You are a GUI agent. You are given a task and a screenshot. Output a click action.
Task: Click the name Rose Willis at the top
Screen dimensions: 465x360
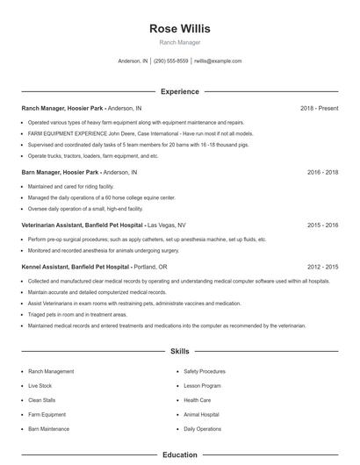click(x=180, y=28)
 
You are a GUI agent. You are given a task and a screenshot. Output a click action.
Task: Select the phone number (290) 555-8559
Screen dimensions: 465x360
click(x=171, y=61)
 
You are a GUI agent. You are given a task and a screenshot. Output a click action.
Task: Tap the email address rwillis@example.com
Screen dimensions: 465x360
click(x=218, y=61)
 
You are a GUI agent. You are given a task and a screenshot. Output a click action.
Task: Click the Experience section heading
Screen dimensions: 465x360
click(x=180, y=91)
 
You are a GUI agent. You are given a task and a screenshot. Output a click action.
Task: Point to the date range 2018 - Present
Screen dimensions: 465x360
click(x=319, y=108)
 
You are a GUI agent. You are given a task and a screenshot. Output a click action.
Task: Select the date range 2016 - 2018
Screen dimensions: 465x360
click(x=322, y=173)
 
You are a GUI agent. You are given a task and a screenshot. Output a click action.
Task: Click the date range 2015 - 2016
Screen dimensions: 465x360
click(x=322, y=225)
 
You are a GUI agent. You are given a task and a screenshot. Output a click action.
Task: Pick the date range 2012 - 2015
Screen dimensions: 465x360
click(x=322, y=266)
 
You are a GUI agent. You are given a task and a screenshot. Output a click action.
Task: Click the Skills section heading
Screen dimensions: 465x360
click(x=180, y=351)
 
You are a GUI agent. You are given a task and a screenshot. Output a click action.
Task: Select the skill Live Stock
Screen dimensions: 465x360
click(x=40, y=385)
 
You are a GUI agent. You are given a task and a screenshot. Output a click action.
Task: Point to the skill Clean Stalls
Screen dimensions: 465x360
click(x=42, y=400)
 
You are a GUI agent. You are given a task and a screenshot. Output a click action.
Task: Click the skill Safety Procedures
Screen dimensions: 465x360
click(x=205, y=371)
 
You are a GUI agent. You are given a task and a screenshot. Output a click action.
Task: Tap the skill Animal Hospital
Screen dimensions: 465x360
click(x=201, y=414)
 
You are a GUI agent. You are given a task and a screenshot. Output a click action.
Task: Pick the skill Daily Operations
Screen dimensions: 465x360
click(x=203, y=429)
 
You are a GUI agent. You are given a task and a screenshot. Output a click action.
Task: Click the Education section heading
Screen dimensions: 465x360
click(x=180, y=455)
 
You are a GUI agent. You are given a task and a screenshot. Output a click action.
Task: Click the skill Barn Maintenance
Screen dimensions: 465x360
click(x=48, y=429)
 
